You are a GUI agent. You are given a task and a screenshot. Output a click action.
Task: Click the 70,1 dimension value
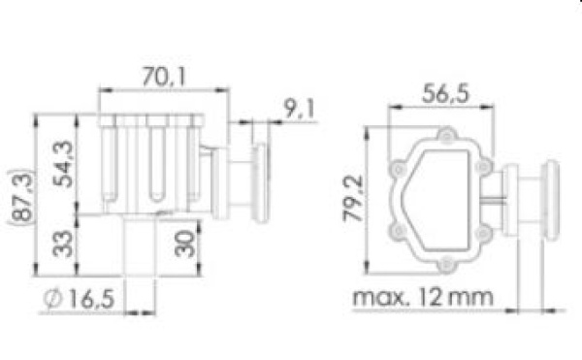tap(163, 78)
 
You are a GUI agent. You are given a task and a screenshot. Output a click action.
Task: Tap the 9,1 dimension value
tap(299, 109)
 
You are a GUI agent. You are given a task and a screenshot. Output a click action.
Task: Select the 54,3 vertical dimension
tap(63, 164)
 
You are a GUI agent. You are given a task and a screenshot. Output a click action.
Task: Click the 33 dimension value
tap(62, 244)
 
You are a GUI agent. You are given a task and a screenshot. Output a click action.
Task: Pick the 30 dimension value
tap(185, 244)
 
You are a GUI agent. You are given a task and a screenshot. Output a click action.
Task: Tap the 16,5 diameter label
tap(92, 299)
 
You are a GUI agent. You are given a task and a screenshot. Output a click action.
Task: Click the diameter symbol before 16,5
tap(53, 299)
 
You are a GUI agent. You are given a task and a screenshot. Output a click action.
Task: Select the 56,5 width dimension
tap(446, 93)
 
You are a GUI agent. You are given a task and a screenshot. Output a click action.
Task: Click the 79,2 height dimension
tap(353, 199)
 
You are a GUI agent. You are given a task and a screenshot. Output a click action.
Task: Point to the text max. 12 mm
tap(423, 297)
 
